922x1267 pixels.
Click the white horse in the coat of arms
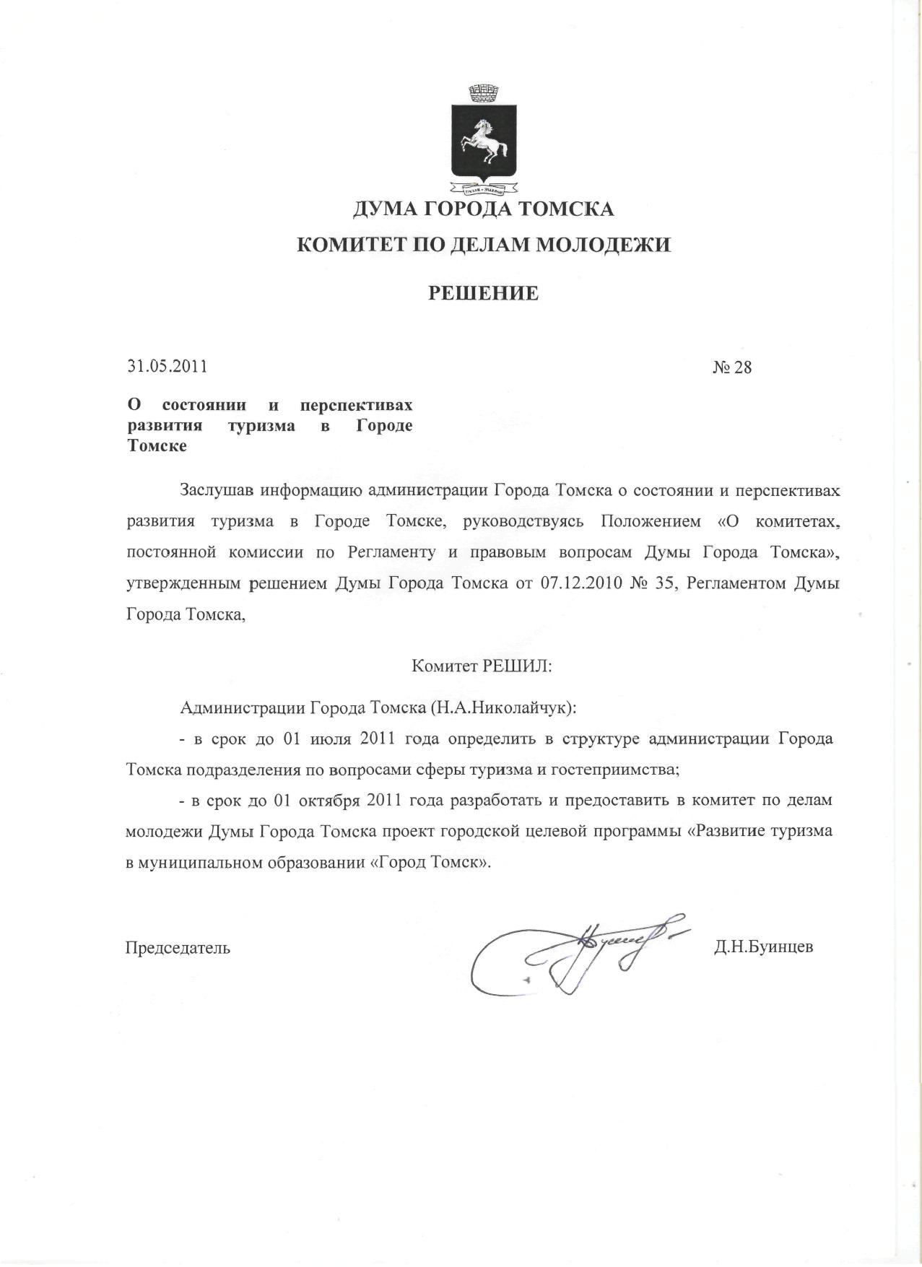pos(484,141)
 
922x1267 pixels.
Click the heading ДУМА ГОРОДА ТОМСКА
pos(483,210)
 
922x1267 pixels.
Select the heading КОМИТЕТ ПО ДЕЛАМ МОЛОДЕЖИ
pos(484,245)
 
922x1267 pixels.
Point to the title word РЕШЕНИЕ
pos(484,293)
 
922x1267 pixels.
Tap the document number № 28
pos(732,367)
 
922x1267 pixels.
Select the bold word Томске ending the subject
pos(157,445)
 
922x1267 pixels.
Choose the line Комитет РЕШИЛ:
pos(482,666)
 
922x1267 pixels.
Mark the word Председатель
pos(178,948)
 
